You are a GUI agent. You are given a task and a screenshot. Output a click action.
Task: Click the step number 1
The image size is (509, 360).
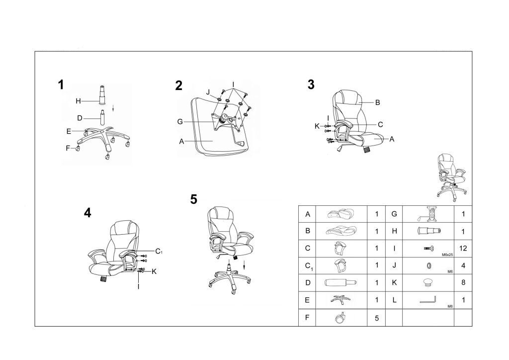pyautogui.click(x=61, y=85)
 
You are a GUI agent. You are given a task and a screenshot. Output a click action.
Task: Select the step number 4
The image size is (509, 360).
pyautogui.click(x=87, y=213)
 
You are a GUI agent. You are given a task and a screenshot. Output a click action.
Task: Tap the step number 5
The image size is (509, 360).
pyautogui.click(x=194, y=199)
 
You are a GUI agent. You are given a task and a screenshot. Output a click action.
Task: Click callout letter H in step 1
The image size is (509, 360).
pyautogui.click(x=78, y=101)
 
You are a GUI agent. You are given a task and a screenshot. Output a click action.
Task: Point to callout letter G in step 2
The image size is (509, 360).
pyautogui.click(x=180, y=122)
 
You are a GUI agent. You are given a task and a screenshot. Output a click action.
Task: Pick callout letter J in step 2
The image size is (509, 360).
pyautogui.click(x=208, y=92)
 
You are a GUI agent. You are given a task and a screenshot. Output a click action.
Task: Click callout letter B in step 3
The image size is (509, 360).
pyautogui.click(x=378, y=102)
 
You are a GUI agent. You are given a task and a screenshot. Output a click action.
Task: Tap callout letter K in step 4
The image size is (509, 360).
pyautogui.click(x=154, y=271)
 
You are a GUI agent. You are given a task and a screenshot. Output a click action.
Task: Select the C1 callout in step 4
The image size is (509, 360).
pyautogui.click(x=159, y=251)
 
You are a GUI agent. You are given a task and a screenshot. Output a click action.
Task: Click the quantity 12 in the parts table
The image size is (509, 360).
pyautogui.click(x=463, y=248)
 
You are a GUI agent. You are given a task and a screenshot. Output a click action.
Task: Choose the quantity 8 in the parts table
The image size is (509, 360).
pyautogui.click(x=463, y=282)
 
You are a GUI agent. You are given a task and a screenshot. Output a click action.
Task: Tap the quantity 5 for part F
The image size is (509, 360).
pyautogui.click(x=377, y=318)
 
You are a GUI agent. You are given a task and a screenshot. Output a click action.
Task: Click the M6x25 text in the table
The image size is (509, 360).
pyautogui.click(x=447, y=255)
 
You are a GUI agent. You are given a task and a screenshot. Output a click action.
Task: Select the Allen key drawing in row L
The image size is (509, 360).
pyautogui.click(x=428, y=300)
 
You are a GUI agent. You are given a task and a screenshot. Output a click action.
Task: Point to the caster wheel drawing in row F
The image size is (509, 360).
pyautogui.click(x=340, y=318)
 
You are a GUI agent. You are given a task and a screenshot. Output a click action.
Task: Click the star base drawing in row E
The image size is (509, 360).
pyautogui.click(x=340, y=299)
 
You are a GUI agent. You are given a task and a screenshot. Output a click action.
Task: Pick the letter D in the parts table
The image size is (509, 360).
pyautogui.click(x=308, y=283)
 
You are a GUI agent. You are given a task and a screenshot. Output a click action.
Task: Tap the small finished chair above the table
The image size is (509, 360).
pyautogui.click(x=451, y=176)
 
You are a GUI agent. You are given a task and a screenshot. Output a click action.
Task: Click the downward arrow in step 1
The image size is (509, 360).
pyautogui.click(x=113, y=108)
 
